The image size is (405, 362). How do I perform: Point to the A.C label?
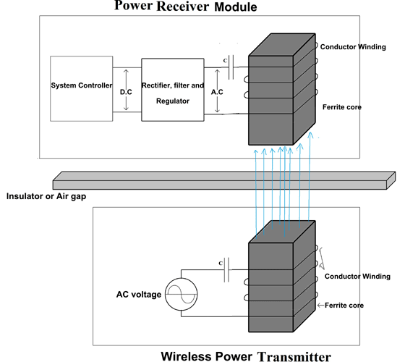tap(216, 91)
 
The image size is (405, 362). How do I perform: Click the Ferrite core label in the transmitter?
tap(345, 306)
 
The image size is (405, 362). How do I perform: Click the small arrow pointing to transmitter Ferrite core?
tap(320, 306)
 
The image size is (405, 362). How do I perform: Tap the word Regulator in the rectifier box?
tap(173, 101)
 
